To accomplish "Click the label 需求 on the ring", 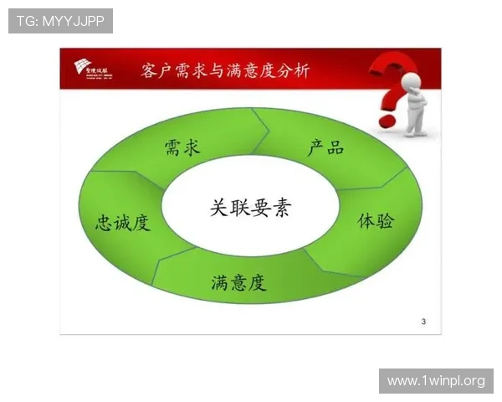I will (182, 149).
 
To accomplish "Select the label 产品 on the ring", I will (325, 148).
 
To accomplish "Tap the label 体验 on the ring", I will (376, 221).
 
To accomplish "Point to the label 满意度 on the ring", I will (238, 283).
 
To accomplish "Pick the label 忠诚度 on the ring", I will (123, 223).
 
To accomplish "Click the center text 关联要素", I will (250, 208).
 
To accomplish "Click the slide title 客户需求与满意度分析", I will (226, 70).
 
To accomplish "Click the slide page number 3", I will (423, 322).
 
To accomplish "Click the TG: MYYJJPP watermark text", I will (60, 21).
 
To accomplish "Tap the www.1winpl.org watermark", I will (435, 381).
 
